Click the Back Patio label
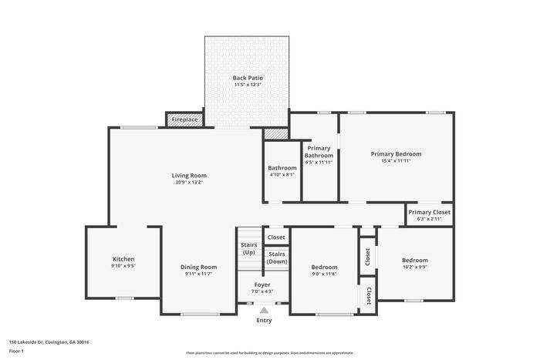(248, 78)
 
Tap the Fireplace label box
(184, 119)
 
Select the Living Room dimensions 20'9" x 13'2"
(189, 183)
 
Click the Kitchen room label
(123, 259)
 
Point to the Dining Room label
(199, 267)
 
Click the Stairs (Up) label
(248, 248)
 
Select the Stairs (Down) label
(277, 257)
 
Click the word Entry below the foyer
(264, 320)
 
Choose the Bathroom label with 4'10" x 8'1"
(282, 167)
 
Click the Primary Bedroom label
(396, 153)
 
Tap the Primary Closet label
(430, 212)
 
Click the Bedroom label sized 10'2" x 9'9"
(414, 261)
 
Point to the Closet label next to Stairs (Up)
(276, 237)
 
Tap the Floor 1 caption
(17, 351)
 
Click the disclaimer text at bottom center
(269, 351)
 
